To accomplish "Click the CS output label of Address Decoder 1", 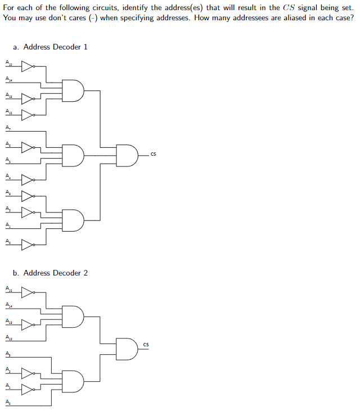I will point(153,153).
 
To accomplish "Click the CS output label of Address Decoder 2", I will point(146,344).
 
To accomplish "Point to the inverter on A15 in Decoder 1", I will point(28,66).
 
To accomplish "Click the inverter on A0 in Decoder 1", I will point(28,245).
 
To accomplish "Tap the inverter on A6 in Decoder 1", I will point(28,147).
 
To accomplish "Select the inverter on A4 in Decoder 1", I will point(28,180).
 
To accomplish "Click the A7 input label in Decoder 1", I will point(8,128).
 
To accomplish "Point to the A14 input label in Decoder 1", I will point(8,79).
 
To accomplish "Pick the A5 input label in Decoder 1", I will point(8,160).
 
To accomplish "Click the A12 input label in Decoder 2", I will point(8,337).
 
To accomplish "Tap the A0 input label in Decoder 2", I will point(8,402).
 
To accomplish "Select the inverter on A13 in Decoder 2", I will point(28,325).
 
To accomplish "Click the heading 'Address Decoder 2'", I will point(51,273).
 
